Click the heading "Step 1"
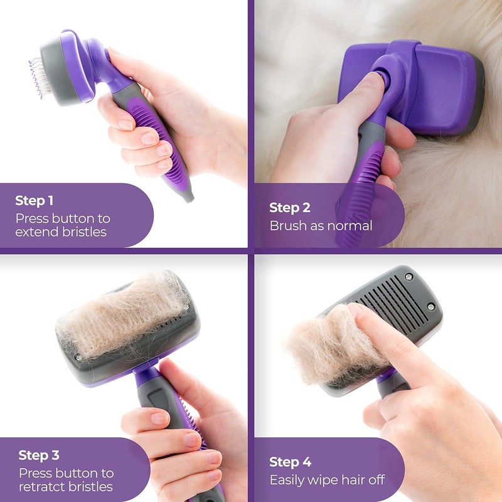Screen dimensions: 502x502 point(34,201)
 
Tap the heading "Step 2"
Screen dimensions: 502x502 point(290,208)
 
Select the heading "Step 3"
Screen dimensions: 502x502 point(39,455)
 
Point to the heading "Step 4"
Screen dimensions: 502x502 point(290,462)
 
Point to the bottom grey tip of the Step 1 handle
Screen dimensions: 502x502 point(187,196)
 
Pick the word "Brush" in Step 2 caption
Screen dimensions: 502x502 point(287,225)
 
